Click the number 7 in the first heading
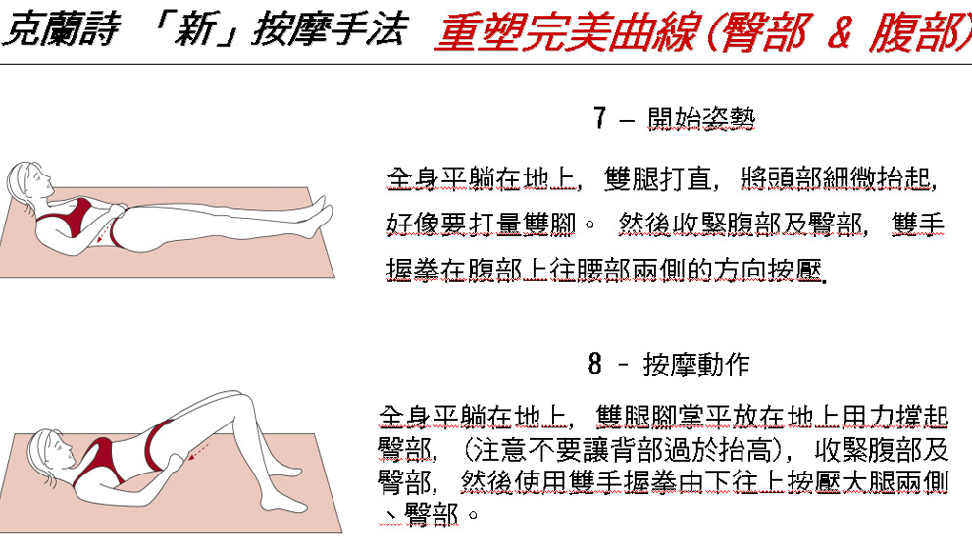coord(599,118)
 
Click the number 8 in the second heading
coord(595,364)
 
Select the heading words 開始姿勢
coord(701,118)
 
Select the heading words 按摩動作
coord(696,365)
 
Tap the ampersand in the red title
coord(839,33)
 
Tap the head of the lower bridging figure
coord(50,451)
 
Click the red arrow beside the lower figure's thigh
coord(199,452)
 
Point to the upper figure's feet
coord(319,217)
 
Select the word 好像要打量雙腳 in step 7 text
coord(482,225)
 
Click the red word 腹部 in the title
coord(917,33)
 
